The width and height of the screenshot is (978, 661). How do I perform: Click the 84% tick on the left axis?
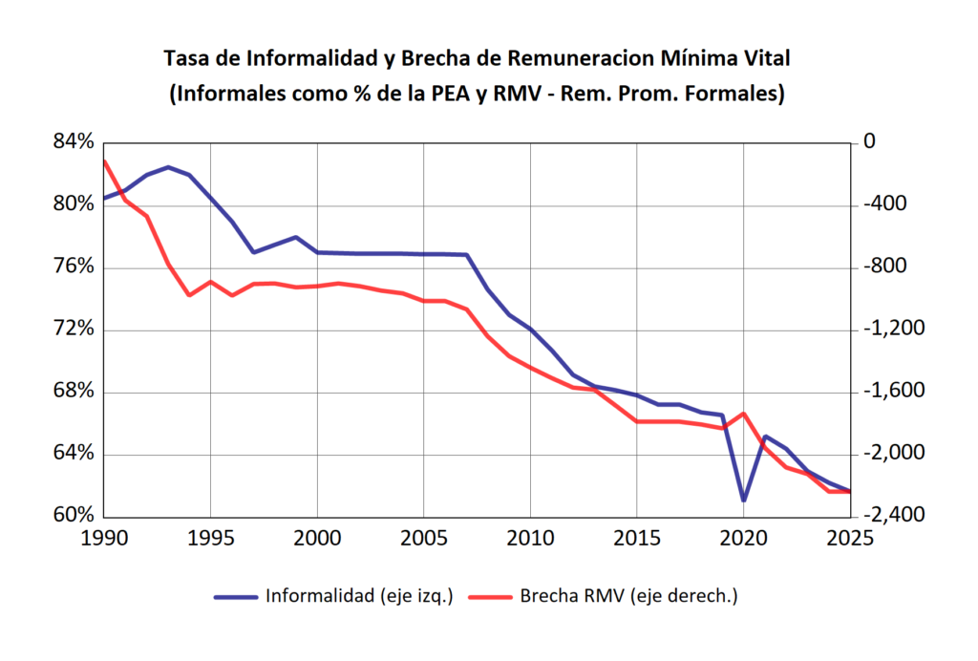(x=74, y=142)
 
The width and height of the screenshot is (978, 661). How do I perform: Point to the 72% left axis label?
(x=74, y=330)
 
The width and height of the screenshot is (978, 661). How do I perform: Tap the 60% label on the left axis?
(x=74, y=516)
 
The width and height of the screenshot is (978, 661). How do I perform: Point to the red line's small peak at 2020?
(x=743, y=414)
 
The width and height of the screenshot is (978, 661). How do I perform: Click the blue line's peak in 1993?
(x=168, y=167)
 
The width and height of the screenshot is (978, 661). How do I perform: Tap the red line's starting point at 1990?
(x=104, y=161)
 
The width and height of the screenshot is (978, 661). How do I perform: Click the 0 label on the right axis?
(x=869, y=142)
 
